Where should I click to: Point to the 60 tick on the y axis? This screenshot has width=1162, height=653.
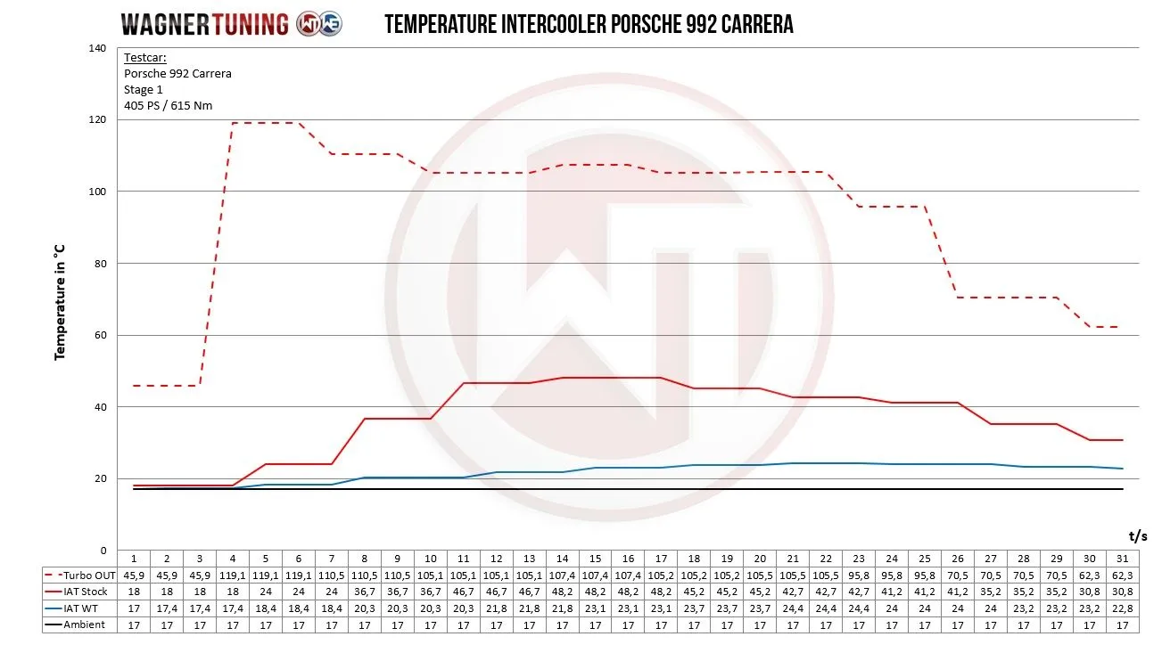pos(100,336)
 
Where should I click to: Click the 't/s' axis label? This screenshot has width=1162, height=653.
pos(1137,535)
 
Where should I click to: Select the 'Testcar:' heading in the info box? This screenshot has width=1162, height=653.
pos(145,58)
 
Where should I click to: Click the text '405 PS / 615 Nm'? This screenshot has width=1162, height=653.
pos(167,106)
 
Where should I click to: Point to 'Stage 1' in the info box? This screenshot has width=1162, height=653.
pos(144,90)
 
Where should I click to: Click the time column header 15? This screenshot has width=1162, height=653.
pos(595,559)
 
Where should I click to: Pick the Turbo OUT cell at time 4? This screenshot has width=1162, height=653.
pos(232,575)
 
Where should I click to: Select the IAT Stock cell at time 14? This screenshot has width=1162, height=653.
pos(562,592)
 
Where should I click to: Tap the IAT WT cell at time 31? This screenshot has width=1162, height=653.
pos(1122,608)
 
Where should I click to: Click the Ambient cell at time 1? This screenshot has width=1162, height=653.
pos(134,625)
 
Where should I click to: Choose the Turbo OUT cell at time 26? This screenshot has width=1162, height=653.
pos(957,575)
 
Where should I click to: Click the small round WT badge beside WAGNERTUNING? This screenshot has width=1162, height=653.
pos(318,24)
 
